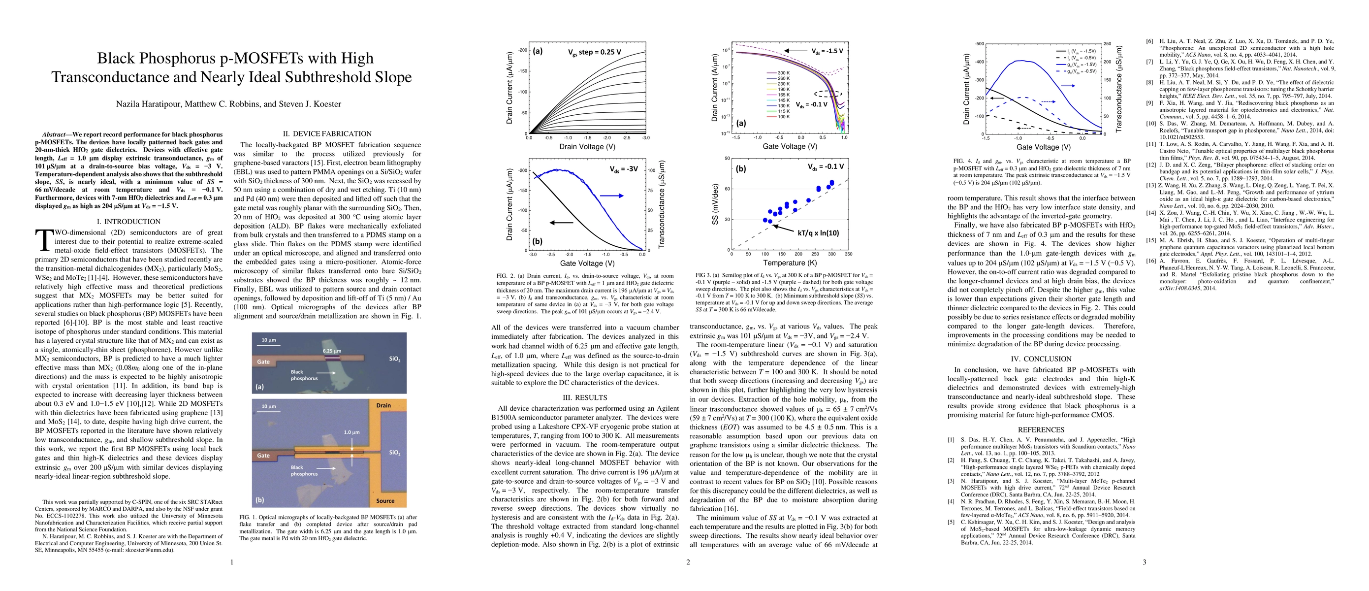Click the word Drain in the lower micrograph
383,405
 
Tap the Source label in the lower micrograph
385,501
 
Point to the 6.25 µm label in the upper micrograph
332,351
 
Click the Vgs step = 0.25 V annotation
594,52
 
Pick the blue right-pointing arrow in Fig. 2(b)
612,196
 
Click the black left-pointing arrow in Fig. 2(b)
561,222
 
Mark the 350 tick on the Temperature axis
848,254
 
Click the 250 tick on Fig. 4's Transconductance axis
1108,43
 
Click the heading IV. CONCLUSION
1041,359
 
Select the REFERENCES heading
1041,429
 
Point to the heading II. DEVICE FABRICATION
328,133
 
